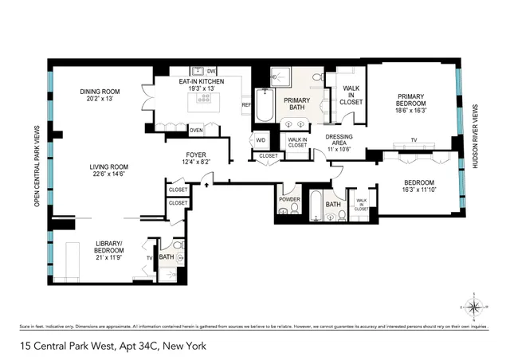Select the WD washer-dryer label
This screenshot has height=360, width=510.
click(261, 141)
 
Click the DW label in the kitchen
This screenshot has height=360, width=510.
click(211, 71)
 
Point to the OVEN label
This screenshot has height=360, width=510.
click(196, 130)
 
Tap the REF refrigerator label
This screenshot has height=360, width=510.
click(246, 104)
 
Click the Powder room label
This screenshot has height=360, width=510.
click(288, 199)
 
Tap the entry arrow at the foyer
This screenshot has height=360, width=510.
click(208, 184)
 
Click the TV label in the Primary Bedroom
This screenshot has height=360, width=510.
click(414, 140)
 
